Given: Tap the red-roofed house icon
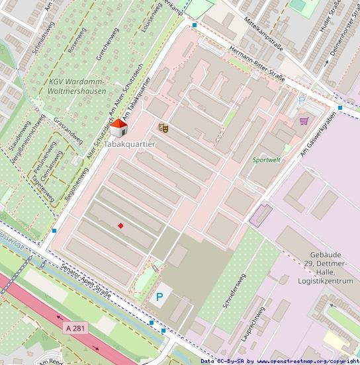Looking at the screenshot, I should point(119,128).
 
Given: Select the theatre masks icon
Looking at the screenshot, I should point(163,127).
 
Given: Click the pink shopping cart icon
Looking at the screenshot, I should point(304,121).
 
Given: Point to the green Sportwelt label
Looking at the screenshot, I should point(267,160).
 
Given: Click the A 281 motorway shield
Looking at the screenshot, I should point(77,328).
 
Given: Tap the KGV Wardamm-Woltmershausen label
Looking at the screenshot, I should point(77,86).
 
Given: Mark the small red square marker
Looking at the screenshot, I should point(120,226).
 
